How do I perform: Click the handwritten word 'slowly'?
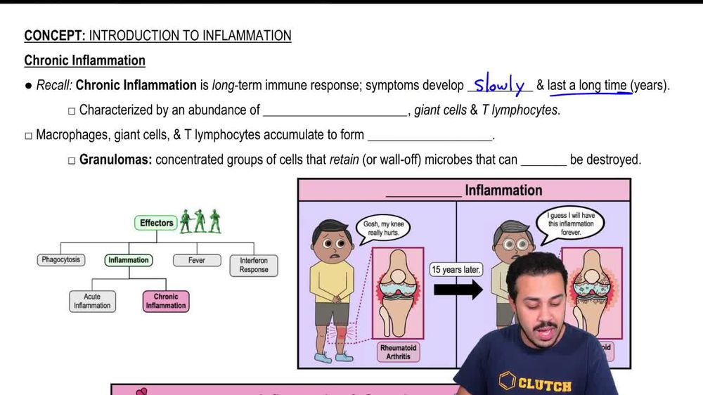(x=500, y=86)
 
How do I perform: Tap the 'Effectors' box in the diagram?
(x=156, y=223)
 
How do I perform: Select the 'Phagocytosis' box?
(x=60, y=260)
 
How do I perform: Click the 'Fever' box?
(x=197, y=260)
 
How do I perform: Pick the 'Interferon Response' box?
(x=253, y=265)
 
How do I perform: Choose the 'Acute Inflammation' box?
(x=92, y=301)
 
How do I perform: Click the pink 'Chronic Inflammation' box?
(x=166, y=301)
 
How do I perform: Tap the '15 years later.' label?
(x=456, y=270)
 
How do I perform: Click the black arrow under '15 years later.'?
(x=458, y=290)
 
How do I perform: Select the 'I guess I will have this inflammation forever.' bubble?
(x=570, y=224)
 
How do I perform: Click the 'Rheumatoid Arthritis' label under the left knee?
(x=399, y=351)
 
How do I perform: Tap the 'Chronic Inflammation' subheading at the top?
(x=84, y=60)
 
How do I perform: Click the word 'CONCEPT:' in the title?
(x=55, y=36)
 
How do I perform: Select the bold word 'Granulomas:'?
(x=115, y=160)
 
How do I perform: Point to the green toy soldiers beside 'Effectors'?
(x=200, y=221)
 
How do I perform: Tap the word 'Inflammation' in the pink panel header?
(x=503, y=190)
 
